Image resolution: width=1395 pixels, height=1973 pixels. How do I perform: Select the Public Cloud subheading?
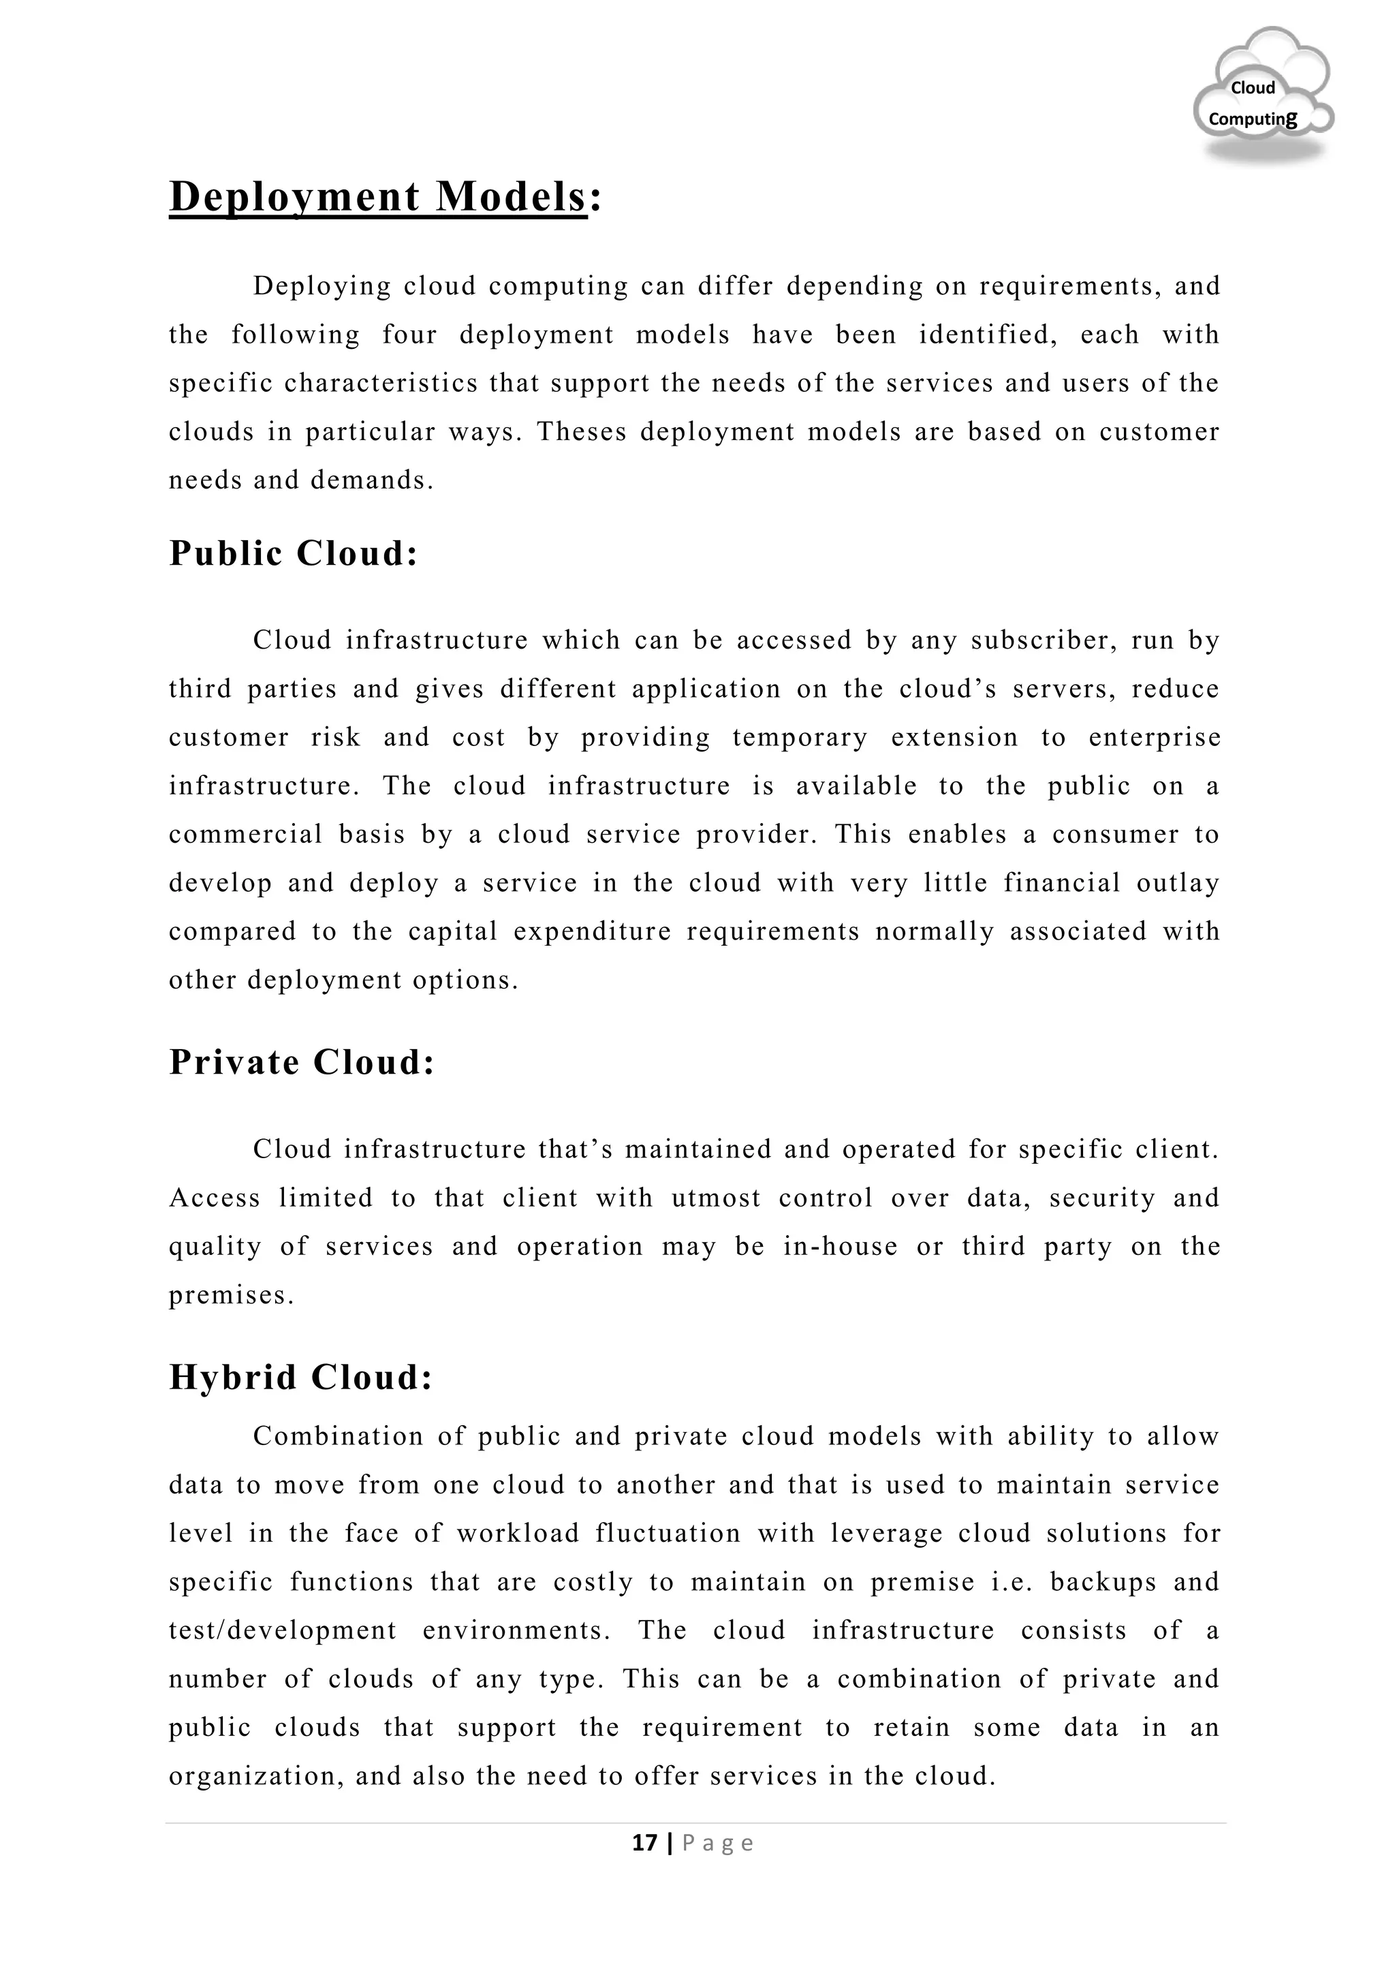point(293,553)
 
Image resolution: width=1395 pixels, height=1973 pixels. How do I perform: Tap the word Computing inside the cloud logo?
point(1253,119)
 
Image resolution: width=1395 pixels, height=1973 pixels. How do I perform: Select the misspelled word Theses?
point(582,432)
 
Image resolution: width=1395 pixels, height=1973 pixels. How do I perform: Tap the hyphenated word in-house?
point(840,1247)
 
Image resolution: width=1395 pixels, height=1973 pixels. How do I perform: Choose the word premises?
point(231,1296)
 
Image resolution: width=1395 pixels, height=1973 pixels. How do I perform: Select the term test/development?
point(283,1631)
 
